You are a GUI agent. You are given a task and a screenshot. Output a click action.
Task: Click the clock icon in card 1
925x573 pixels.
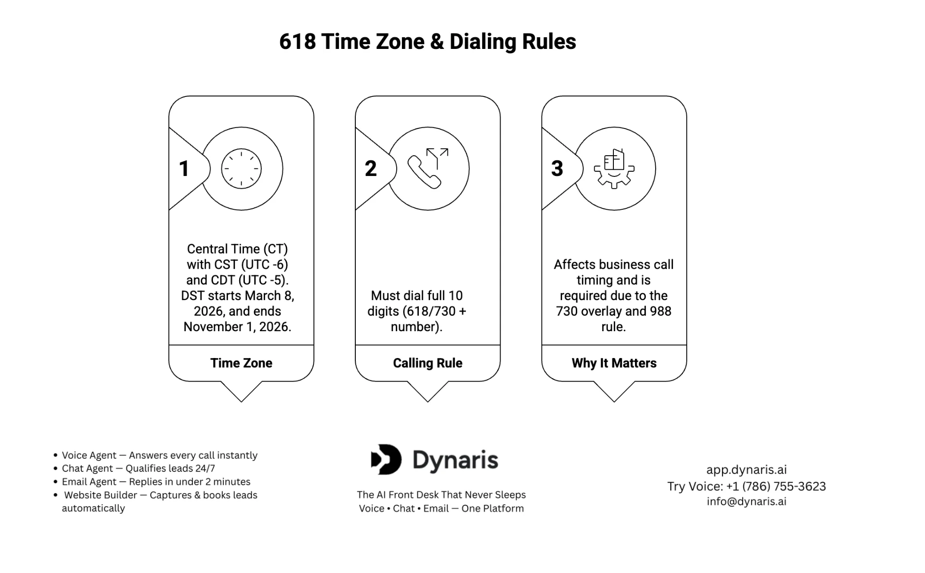[241, 168]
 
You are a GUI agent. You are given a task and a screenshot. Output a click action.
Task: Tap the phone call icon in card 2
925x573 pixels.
[427, 168]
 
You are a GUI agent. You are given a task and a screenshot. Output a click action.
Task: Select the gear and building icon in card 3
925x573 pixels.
[614, 168]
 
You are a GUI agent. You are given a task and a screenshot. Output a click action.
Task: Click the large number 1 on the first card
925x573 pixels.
[184, 168]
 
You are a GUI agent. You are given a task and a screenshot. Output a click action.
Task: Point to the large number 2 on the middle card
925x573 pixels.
[370, 168]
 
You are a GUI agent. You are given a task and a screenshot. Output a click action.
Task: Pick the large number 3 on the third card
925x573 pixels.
[557, 168]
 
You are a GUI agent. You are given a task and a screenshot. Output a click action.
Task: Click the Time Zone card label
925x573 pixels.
[241, 363]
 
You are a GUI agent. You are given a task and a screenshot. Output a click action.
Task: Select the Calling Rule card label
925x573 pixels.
[427, 363]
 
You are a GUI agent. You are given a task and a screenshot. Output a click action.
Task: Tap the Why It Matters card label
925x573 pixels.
[614, 363]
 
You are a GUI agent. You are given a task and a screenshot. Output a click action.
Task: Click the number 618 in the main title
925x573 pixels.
[297, 41]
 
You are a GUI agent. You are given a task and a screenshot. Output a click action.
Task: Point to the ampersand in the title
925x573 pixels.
[436, 41]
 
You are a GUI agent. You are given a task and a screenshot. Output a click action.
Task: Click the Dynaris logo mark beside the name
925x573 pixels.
[386, 459]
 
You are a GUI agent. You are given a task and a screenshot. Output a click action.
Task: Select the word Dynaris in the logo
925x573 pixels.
[455, 460]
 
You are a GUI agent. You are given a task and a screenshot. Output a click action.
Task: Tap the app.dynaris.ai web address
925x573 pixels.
[746, 470]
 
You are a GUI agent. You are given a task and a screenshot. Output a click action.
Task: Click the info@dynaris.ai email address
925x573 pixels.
[746, 501]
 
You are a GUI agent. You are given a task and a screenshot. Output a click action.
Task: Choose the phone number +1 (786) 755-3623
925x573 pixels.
[776, 486]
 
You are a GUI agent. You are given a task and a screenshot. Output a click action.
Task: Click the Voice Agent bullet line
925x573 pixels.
[159, 455]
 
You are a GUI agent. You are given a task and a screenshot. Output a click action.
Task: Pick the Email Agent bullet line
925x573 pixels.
[156, 482]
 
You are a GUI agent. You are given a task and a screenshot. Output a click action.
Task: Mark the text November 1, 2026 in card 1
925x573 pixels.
[237, 327]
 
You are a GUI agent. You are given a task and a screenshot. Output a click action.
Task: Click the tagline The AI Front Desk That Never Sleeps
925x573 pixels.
[441, 495]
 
